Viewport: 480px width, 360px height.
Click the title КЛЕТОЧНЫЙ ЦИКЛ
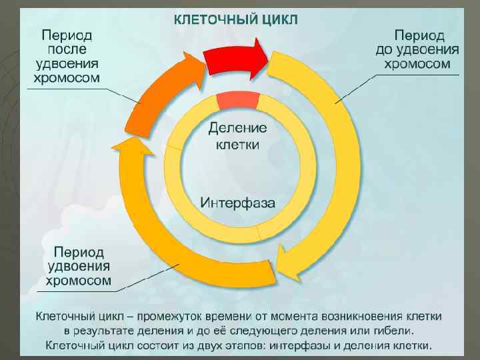236,19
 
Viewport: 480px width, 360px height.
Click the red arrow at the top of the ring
233,59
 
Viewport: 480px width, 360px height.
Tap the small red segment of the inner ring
237,101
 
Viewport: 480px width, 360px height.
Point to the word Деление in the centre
237,127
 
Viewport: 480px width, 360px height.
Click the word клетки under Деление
237,144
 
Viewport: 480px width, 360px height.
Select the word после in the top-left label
67,49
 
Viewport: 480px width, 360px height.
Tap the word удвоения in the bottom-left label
79,267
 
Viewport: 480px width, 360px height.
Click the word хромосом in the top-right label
417,64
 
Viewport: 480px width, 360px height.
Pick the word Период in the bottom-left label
79,253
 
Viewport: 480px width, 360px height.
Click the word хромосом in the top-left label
67,78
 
